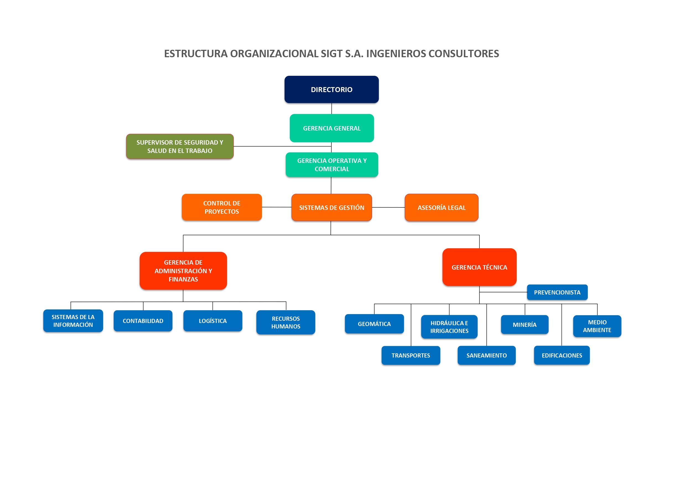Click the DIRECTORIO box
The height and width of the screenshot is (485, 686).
tap(331, 89)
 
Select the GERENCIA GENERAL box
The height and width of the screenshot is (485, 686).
tap(332, 128)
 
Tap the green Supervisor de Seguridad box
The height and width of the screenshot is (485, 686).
tap(180, 146)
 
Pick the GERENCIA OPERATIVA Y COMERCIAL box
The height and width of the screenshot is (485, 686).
tap(332, 165)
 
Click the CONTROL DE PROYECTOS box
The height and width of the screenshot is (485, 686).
tap(222, 207)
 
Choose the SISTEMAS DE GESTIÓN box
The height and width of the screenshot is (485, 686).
tap(332, 208)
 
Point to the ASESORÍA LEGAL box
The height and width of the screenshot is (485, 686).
tap(441, 208)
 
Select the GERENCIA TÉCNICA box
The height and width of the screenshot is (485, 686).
tap(479, 267)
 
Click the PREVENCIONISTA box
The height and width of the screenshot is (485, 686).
tap(557, 292)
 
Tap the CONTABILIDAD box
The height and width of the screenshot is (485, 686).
tap(143, 321)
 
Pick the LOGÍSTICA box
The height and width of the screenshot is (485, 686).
tap(213, 321)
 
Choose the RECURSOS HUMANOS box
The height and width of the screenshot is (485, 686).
tap(286, 322)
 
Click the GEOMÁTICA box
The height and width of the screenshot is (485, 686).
tap(374, 324)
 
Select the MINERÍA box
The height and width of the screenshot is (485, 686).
tap(525, 325)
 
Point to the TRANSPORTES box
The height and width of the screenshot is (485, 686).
tap(411, 355)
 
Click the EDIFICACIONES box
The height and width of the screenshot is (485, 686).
tap(562, 355)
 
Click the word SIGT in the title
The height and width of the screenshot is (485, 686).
tap(331, 54)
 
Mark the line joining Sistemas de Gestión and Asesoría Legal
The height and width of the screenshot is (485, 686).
tap(388, 207)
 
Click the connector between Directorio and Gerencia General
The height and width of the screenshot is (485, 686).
tap(332, 108)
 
